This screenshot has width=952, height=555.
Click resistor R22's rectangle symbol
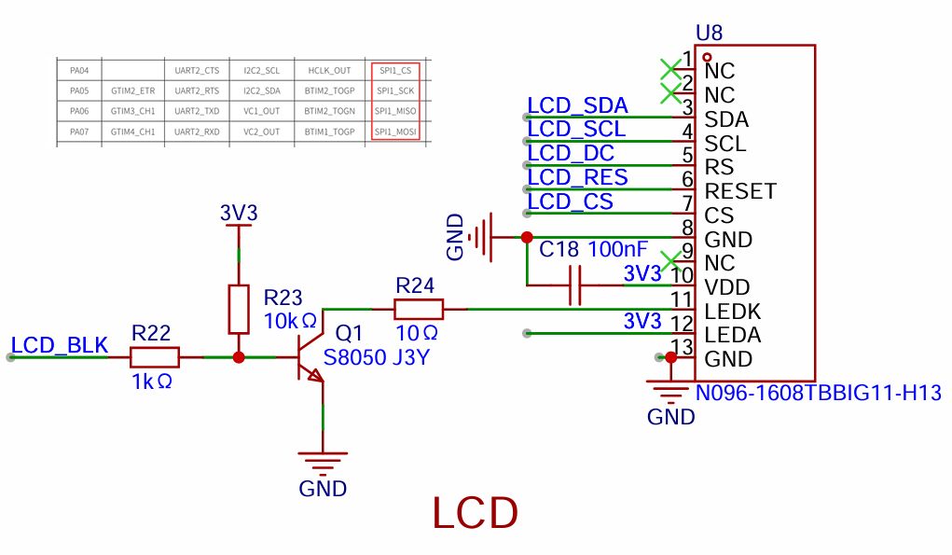point(154,357)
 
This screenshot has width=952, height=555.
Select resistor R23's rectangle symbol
point(239,309)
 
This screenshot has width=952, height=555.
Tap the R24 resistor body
point(419,309)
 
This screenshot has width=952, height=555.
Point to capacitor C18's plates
point(575,284)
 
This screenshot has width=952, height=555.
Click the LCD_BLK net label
point(60,345)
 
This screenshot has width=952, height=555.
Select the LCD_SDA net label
point(577,105)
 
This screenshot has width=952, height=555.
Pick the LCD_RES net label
point(577,177)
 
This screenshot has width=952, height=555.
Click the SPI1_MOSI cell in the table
point(395,132)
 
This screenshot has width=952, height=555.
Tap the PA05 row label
point(79,91)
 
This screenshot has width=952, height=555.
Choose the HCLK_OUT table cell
point(329,71)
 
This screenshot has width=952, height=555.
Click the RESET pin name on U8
point(740,191)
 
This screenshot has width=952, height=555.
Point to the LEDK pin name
point(732,312)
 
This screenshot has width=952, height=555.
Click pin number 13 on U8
point(683,347)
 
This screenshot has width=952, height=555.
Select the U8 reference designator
point(710,33)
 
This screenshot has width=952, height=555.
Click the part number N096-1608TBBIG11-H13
point(818,393)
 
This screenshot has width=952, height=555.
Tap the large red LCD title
point(476,513)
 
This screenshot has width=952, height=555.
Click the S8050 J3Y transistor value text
point(377,357)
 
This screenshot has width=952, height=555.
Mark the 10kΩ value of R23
point(290,321)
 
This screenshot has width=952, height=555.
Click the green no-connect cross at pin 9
point(670,262)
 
